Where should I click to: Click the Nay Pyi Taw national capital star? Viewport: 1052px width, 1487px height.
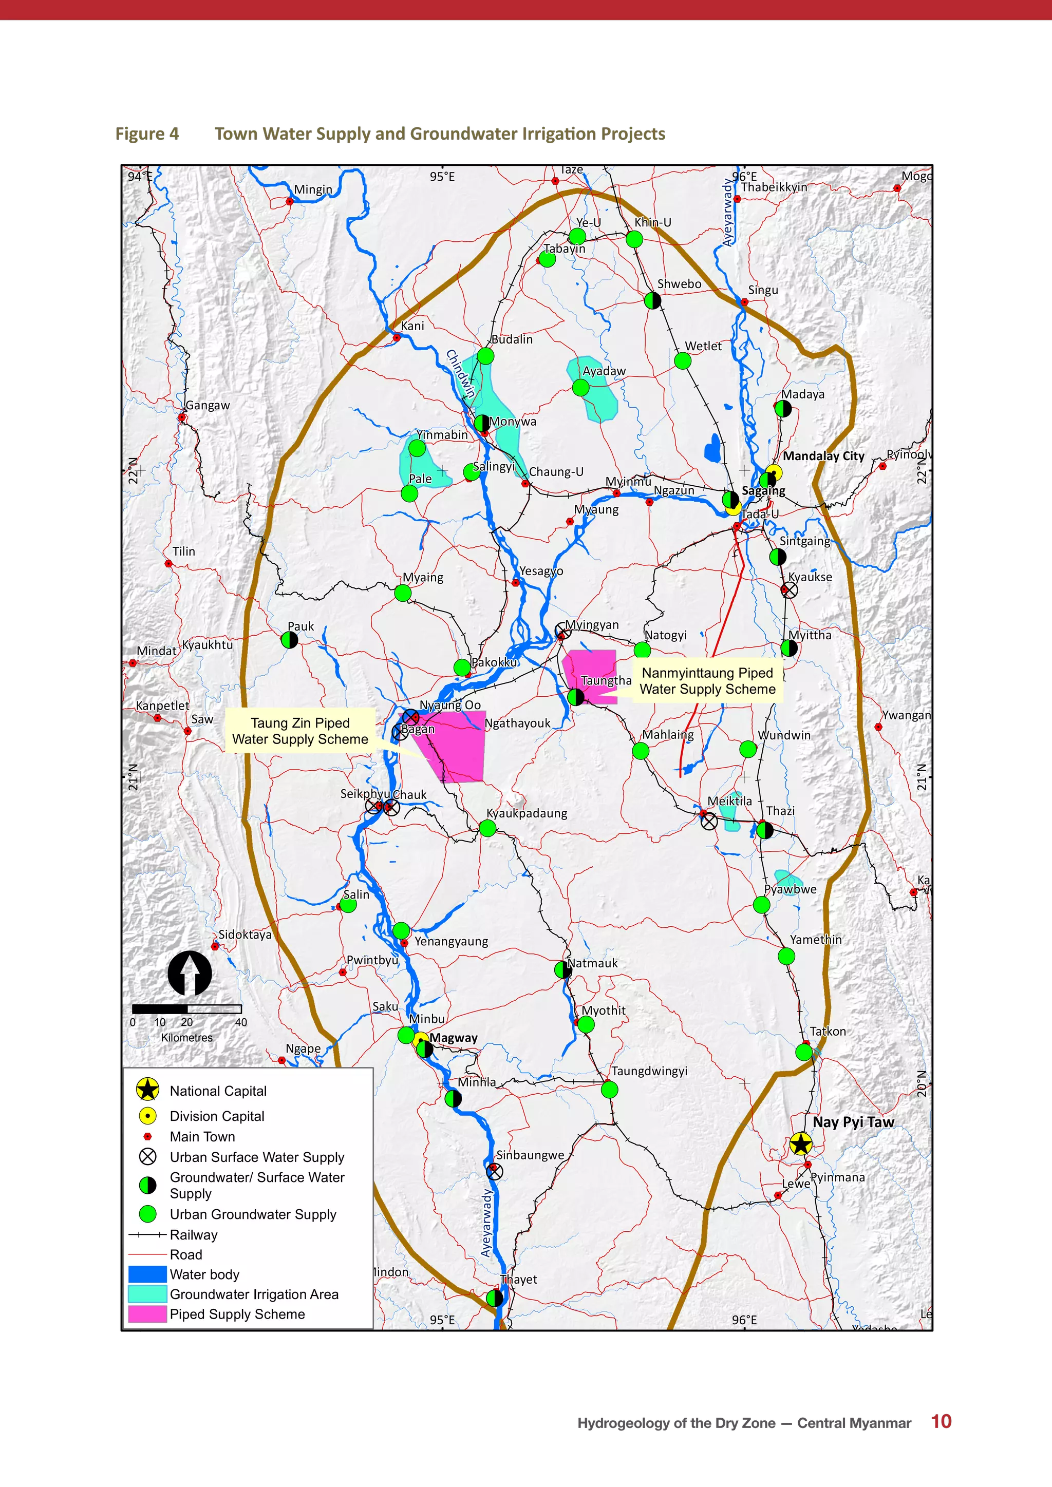801,1145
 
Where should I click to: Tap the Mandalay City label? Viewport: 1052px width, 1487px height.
823,456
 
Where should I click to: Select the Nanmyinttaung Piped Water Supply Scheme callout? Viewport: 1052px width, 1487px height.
707,681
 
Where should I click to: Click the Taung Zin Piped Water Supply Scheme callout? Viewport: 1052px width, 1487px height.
300,731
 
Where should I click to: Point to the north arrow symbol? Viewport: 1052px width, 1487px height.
190,973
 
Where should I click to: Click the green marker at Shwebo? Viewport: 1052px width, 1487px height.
652,300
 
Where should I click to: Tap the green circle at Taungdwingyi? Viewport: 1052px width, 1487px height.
609,1090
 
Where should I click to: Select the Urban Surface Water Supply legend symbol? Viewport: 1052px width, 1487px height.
148,1157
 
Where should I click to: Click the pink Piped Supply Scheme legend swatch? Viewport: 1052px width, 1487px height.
148,1314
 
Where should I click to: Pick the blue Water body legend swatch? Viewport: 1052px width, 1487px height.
148,1274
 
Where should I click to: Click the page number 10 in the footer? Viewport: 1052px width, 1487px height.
941,1422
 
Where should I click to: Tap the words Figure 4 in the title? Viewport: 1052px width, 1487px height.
147,134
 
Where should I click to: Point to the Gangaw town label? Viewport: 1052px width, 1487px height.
208,406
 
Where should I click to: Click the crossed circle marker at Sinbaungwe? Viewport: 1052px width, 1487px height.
494,1171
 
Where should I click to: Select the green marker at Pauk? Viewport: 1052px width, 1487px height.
290,640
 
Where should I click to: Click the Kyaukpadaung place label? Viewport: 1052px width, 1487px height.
527,813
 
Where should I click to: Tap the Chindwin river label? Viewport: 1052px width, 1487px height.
461,373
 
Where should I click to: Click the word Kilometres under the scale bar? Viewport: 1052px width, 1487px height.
186,1038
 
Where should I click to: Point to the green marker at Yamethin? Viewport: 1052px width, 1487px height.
786,956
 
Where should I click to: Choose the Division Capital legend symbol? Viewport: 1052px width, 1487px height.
148,1116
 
